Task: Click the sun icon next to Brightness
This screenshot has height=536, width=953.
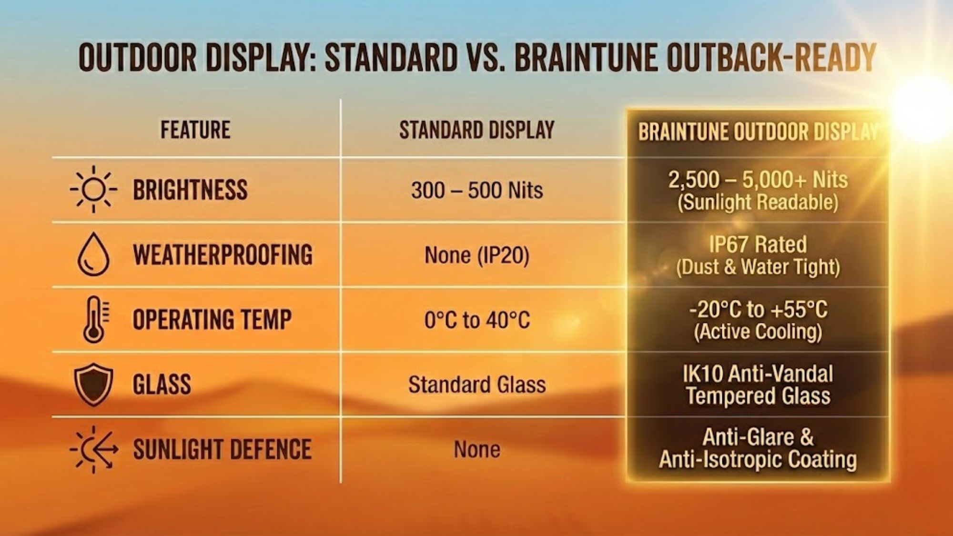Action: (x=93, y=190)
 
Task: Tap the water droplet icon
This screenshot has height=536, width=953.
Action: (x=93, y=254)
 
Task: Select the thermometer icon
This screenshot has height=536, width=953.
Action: (x=94, y=319)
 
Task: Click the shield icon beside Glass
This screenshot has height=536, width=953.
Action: (x=93, y=384)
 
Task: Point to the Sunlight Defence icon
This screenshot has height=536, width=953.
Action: (x=93, y=449)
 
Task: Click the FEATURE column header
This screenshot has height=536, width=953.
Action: (x=195, y=130)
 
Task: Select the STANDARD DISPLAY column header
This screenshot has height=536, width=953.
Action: (x=476, y=130)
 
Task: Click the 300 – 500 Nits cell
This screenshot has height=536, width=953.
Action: (x=477, y=191)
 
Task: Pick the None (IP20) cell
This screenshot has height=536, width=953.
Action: (x=477, y=255)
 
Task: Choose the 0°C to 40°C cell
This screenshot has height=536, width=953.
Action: (x=477, y=320)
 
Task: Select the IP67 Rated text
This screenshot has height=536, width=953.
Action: (x=758, y=244)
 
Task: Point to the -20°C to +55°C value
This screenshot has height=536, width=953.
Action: (x=758, y=310)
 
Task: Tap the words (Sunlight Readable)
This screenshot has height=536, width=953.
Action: (x=758, y=202)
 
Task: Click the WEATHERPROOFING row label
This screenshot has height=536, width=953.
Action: (x=223, y=255)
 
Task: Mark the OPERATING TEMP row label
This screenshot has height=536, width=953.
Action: (x=212, y=319)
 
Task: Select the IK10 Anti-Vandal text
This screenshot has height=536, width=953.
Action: (x=758, y=374)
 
